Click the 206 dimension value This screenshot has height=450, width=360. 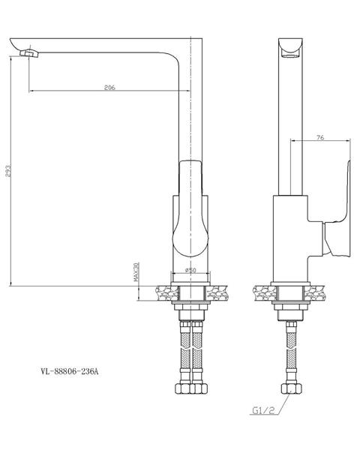pos(109,87)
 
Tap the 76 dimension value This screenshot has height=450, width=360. pos(320,137)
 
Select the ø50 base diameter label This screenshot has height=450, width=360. pos(190,270)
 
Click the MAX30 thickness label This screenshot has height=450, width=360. pos(136,271)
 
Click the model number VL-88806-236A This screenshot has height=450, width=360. pos(70,372)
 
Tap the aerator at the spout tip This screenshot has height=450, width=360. pos(28,53)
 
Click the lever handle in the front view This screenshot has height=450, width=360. pos(191,208)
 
